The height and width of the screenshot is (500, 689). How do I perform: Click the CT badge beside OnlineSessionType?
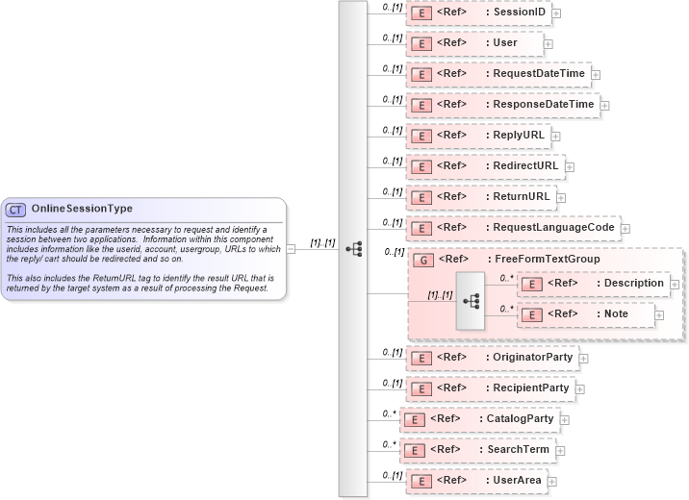(x=16, y=209)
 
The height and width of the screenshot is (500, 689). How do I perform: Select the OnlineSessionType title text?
(x=82, y=209)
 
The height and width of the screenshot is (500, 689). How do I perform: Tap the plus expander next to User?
(x=549, y=43)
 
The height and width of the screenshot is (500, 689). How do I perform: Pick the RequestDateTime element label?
(x=538, y=74)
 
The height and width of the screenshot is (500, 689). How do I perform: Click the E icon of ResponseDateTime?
(x=421, y=105)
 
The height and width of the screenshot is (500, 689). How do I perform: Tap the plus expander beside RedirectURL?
(x=570, y=166)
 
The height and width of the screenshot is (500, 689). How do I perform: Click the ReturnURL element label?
(x=521, y=197)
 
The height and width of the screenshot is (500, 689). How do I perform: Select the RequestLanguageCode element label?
(x=553, y=228)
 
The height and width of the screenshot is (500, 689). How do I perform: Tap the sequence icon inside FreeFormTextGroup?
(x=471, y=300)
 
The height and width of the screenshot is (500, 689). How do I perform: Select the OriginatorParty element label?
(x=532, y=357)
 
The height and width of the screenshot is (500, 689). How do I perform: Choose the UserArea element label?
(x=517, y=480)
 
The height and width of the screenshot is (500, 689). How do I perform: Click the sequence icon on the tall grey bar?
(x=353, y=248)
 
